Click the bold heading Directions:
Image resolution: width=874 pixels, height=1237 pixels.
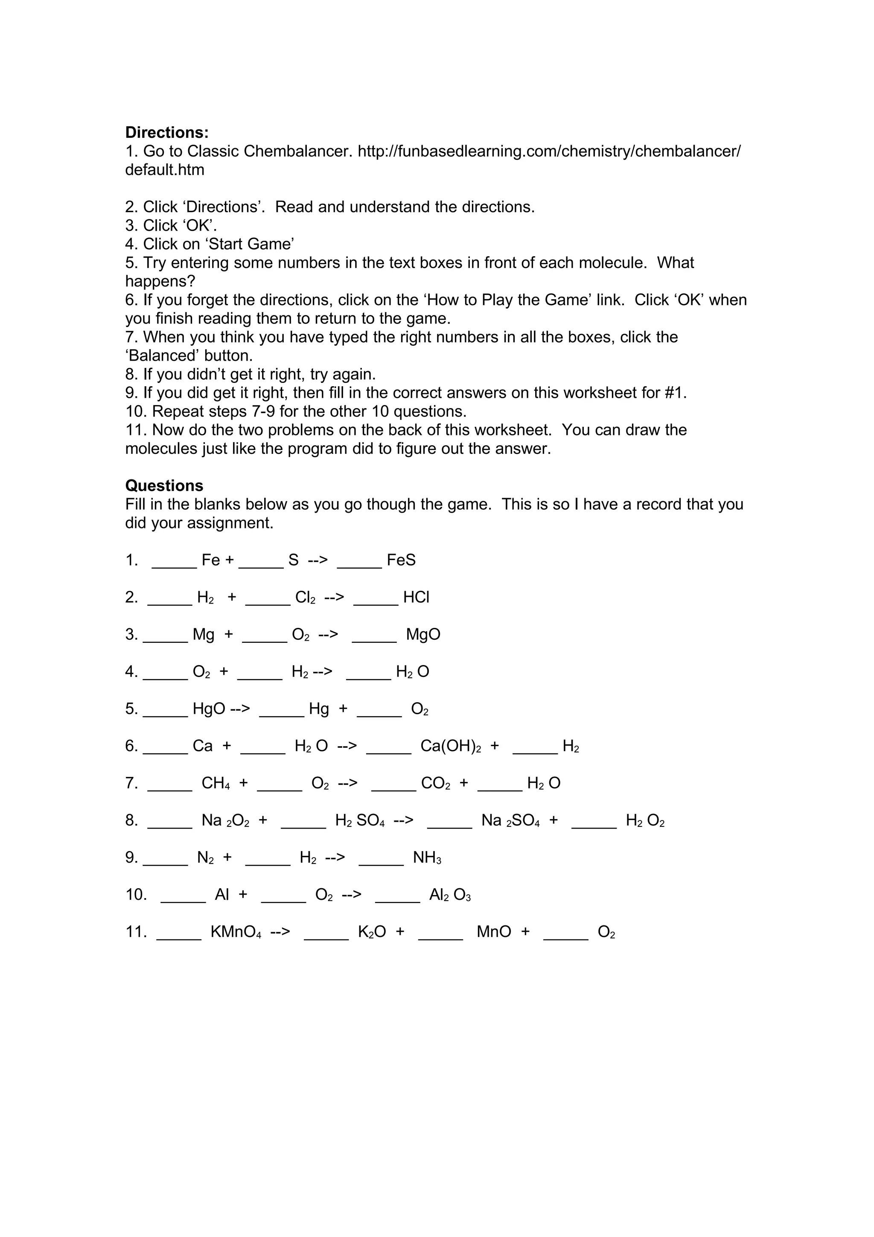point(166,132)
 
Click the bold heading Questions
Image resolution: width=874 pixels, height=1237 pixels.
point(164,485)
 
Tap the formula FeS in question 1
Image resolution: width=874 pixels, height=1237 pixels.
point(401,560)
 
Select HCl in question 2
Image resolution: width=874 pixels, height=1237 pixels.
point(416,598)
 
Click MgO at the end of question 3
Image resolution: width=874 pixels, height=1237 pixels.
point(423,635)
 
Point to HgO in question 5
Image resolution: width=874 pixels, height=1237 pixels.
point(209,709)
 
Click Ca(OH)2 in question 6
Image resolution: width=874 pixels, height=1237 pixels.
point(451,746)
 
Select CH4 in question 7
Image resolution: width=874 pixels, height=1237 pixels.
point(216,783)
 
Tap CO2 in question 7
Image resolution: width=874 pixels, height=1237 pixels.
point(435,783)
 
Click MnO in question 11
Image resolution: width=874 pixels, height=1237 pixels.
point(494,932)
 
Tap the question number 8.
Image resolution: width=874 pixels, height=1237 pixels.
point(131,820)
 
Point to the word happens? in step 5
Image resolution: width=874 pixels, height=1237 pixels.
point(160,281)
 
